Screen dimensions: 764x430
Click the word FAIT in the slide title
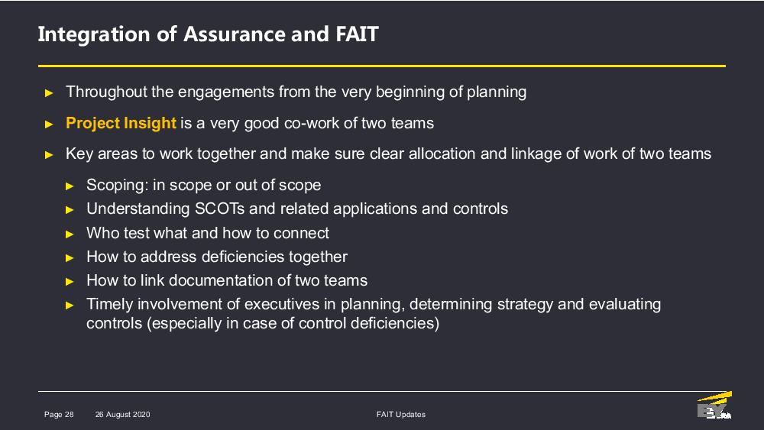click(x=357, y=34)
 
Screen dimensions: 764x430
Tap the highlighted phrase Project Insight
click(x=121, y=123)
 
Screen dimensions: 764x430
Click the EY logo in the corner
click(x=714, y=405)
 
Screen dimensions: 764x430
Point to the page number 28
click(x=70, y=415)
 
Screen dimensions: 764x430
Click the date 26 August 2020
click(x=123, y=415)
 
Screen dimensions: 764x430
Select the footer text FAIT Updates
click(x=401, y=415)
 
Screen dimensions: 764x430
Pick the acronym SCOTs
click(x=220, y=209)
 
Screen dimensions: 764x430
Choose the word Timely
click(x=109, y=305)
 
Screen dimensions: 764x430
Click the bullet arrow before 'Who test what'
click(x=70, y=234)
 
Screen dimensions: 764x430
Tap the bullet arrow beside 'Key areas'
click(x=49, y=155)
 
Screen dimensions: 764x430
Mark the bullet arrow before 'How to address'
click(x=70, y=258)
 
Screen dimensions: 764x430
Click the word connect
click(x=301, y=233)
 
